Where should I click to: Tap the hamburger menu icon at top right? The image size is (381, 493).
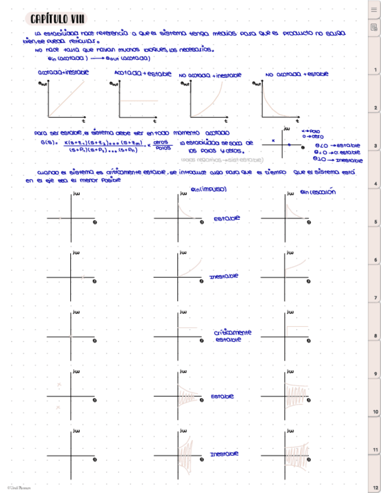(374, 10)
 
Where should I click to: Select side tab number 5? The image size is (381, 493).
(375, 222)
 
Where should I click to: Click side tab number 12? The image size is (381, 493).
(375, 487)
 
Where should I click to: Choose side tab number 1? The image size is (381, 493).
(375, 70)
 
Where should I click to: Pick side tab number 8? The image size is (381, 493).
(375, 336)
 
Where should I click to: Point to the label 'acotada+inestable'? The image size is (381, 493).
(63, 73)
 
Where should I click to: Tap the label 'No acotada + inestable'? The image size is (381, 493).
(206, 76)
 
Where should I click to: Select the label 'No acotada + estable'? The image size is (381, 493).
(297, 74)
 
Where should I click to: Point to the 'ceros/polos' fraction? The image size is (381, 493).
(163, 145)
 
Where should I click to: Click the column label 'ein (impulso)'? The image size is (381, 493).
(208, 190)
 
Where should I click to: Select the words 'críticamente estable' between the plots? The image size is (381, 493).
(232, 335)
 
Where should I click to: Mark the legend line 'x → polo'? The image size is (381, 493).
(312, 131)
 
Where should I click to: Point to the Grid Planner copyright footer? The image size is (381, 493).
(19, 487)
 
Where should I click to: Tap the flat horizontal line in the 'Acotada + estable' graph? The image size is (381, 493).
(138, 101)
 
